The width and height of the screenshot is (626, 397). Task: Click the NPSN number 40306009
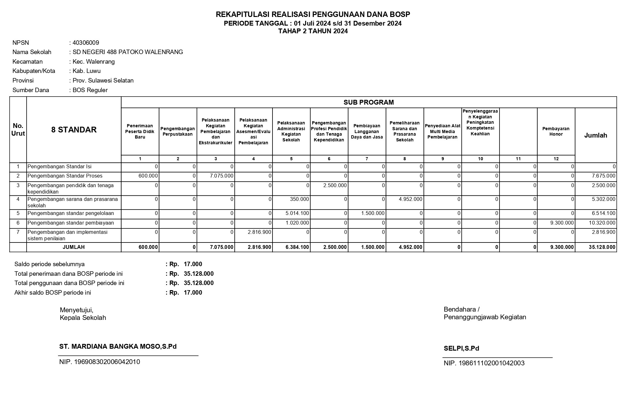click(86, 43)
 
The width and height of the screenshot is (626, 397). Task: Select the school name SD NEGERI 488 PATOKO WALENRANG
click(128, 52)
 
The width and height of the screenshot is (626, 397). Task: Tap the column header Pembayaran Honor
click(556, 131)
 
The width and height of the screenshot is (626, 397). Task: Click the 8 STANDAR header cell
click(74, 130)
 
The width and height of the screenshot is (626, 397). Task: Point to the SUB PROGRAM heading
click(369, 102)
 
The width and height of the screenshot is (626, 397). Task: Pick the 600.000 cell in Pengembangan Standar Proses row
click(148, 176)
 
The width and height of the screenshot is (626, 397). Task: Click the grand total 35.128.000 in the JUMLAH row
click(602, 247)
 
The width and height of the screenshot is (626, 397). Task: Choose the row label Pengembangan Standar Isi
click(60, 167)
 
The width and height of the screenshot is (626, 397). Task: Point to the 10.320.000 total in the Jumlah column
click(602, 223)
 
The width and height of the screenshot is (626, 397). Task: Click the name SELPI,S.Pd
click(461, 349)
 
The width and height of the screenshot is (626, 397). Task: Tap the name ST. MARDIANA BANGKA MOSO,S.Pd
click(118, 346)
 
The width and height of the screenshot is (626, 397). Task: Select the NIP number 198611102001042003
click(484, 363)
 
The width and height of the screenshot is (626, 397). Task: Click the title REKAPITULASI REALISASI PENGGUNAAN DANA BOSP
click(313, 14)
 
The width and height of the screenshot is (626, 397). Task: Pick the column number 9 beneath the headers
click(443, 159)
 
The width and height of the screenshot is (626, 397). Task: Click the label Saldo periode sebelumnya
click(50, 264)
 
